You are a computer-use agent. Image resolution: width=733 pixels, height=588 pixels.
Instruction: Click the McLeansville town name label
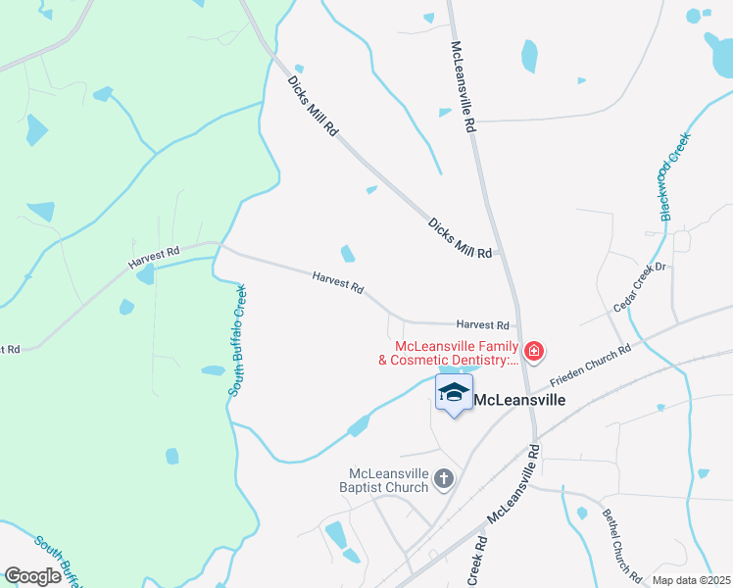point(520,400)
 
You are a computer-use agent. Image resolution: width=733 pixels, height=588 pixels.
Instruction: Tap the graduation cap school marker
point(454,393)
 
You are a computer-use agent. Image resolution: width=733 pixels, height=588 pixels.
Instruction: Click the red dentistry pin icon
point(534,351)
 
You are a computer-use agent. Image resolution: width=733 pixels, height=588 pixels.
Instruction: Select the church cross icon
point(443,479)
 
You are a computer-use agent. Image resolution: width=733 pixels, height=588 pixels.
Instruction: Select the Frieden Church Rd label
point(589,363)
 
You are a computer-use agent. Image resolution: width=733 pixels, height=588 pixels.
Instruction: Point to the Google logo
point(32,576)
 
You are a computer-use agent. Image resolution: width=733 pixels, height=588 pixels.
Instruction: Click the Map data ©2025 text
point(691,580)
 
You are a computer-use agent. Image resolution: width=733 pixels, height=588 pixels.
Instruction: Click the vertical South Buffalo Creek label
point(237,341)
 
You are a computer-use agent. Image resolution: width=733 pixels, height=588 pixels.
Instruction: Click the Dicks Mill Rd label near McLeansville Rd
point(460,238)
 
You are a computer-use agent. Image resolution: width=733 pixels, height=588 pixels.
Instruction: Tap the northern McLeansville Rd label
point(463,87)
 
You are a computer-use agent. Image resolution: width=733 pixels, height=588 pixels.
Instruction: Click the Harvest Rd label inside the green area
point(154,258)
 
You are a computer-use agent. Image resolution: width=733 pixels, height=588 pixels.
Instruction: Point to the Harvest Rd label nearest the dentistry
point(483,324)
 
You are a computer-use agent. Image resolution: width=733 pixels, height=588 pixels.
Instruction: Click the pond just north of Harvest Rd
point(347,254)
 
